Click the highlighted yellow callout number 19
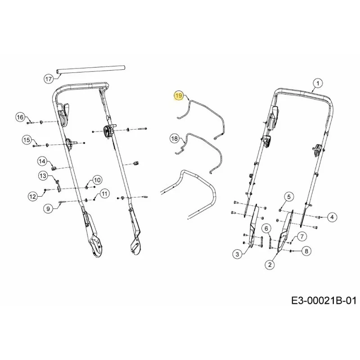[x=179, y=95]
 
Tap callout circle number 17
[x=49, y=80]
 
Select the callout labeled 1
[x=318, y=83]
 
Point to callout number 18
[x=175, y=139]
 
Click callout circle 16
[x=20, y=117]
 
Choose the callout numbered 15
[x=27, y=140]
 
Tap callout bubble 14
[x=42, y=162]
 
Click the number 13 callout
[x=43, y=176]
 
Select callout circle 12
[x=33, y=197]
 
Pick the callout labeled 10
[x=97, y=180]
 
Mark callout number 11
[x=104, y=194]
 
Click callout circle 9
[x=48, y=209]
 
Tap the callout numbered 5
[x=289, y=197]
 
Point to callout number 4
[x=332, y=217]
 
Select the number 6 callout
[x=266, y=229]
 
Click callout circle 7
[x=301, y=237]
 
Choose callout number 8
[x=306, y=251]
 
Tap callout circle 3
[x=237, y=254]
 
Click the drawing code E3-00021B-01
[x=324, y=301]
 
